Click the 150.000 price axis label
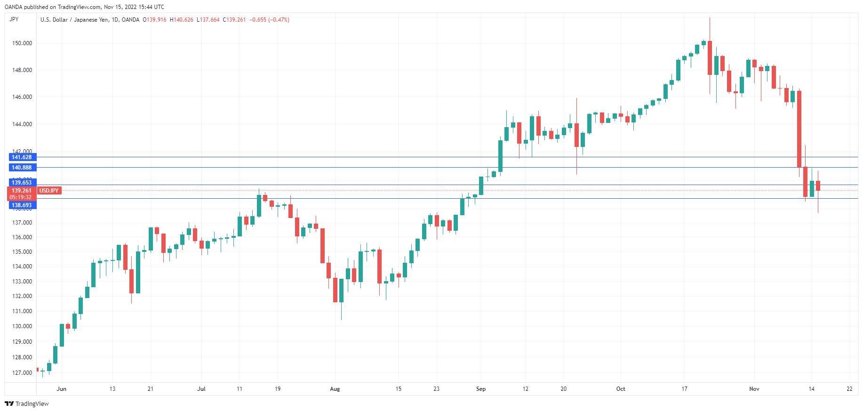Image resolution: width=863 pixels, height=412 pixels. pos(22,43)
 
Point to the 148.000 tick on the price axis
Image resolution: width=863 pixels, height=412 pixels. pos(22,70)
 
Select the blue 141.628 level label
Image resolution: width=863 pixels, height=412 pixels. pos(22,157)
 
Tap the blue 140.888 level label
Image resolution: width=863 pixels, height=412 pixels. pos(22,168)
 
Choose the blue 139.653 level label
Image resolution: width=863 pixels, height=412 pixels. pos(22,183)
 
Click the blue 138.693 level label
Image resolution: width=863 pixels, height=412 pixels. pos(22,205)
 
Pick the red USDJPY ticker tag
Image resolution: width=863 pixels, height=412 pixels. pos(49,191)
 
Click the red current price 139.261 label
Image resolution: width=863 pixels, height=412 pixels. pos(22,191)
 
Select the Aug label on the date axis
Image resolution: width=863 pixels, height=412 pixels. pos(335,389)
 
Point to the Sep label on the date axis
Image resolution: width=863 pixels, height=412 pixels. pos(480,389)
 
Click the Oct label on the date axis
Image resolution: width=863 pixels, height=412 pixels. pos(621,389)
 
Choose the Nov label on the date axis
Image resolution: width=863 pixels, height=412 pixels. pos(754,389)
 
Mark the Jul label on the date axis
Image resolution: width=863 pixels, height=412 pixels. pos(201,389)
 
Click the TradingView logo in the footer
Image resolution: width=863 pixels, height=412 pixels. pos(27,404)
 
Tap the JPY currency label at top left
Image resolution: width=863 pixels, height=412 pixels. pos(14,19)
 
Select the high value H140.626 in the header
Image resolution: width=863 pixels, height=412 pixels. pos(182,20)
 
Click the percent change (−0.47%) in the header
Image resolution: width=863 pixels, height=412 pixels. pos(279,20)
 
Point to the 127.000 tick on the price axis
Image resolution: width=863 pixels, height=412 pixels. pos(22,373)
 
